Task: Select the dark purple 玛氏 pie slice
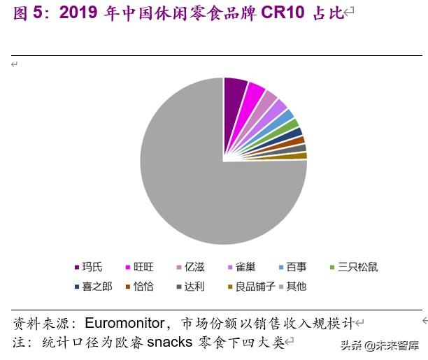point(234,98)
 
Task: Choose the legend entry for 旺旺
point(139,267)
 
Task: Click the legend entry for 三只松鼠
point(353,267)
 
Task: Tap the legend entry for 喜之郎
point(93,286)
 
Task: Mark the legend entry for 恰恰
point(139,286)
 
